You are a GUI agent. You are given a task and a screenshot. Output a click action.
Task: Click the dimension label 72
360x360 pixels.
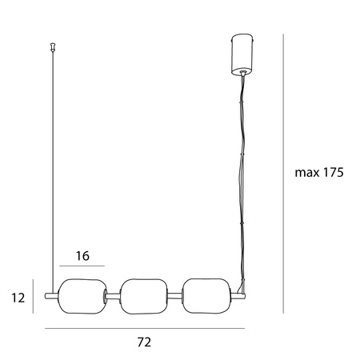click(144, 342)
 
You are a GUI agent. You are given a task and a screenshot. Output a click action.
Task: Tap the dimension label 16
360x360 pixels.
click(82, 256)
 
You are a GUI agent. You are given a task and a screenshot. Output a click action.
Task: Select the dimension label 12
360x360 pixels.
click(18, 298)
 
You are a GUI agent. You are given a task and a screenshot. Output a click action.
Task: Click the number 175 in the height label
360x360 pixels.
click(334, 173)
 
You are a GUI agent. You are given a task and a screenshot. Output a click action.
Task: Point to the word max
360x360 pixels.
click(307, 174)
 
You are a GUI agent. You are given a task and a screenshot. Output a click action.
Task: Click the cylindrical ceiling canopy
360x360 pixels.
click(242, 55)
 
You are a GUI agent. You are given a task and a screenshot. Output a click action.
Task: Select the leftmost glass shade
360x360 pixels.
click(82, 296)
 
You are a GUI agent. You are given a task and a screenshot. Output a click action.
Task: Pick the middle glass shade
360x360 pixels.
click(144, 297)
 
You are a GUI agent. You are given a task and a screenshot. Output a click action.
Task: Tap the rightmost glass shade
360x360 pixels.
click(206, 296)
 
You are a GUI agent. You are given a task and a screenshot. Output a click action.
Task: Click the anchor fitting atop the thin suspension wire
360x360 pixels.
click(54, 46)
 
